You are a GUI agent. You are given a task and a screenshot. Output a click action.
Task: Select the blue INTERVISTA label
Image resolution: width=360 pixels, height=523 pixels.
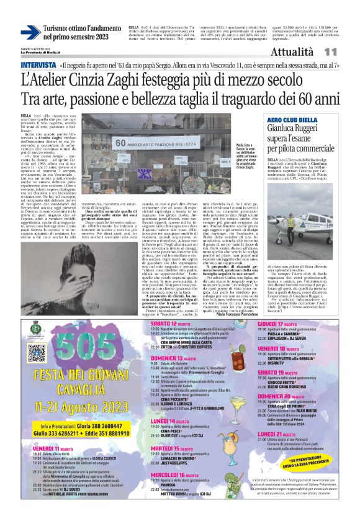(38, 65)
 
